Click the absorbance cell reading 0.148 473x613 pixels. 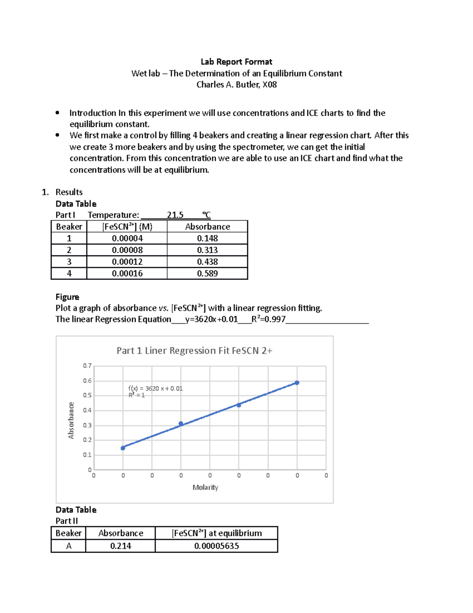(x=207, y=238)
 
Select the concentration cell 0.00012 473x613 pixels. (x=127, y=262)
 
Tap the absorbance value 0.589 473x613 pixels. (x=207, y=274)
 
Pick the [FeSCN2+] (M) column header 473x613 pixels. (x=127, y=227)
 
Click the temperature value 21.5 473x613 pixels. (x=175, y=215)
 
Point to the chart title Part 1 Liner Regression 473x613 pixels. (x=194, y=351)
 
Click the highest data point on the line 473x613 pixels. (x=297, y=382)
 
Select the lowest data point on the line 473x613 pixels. (x=123, y=448)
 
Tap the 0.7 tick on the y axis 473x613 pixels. (x=87, y=366)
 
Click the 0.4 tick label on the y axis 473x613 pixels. (x=87, y=411)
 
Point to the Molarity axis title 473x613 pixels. (x=205, y=487)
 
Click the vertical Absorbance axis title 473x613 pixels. (x=71, y=420)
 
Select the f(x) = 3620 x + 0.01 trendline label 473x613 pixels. (x=155, y=388)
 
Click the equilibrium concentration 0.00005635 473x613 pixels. (x=216, y=546)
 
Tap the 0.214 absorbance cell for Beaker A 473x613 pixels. (x=121, y=546)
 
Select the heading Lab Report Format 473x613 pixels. (x=236, y=62)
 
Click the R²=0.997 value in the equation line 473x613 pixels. (x=268, y=319)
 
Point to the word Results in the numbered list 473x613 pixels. (x=69, y=192)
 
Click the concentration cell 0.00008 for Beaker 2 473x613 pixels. (x=127, y=250)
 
